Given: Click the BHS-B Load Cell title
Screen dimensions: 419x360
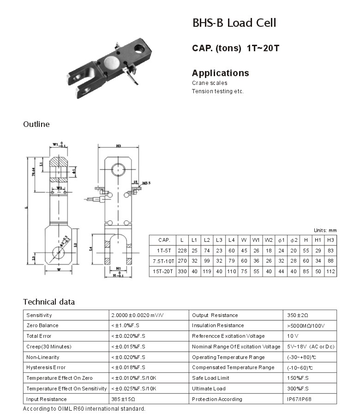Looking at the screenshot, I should click(234, 23).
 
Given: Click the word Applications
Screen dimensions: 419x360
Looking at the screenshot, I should click(220, 73).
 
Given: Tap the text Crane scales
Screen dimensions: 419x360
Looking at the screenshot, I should click(210, 83).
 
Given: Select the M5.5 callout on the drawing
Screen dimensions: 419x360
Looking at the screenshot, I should click(146, 183).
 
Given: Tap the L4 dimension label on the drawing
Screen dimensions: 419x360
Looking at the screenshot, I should click(90, 249).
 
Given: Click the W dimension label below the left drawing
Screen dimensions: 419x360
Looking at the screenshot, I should click(59, 269).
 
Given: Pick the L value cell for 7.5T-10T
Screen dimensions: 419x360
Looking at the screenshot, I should click(182, 261).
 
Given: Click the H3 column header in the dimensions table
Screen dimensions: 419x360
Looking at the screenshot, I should click(330, 240).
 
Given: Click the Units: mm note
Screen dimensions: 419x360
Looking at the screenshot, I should click(325, 230).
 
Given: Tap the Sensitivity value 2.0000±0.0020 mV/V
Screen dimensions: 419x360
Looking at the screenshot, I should click(138, 315).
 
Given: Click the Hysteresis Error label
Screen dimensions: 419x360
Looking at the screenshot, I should click(46, 368).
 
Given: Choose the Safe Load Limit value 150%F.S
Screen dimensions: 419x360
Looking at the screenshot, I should click(296, 378).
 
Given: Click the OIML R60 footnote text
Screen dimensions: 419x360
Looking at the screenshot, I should click(84, 409).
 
